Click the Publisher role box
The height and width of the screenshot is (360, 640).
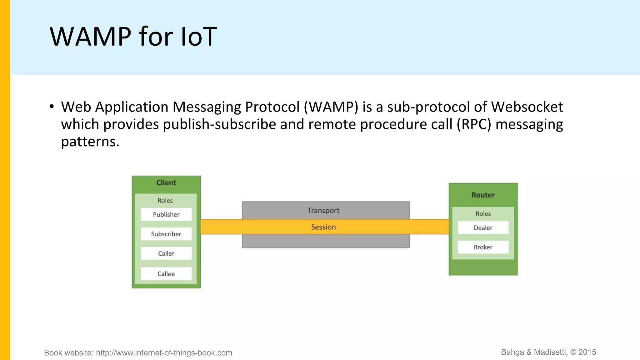(x=166, y=214)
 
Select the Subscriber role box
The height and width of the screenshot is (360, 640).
(x=166, y=234)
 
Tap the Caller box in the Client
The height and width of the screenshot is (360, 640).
(x=166, y=253)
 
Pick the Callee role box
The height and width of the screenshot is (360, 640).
(x=166, y=274)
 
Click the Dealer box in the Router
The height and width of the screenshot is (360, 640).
(x=483, y=228)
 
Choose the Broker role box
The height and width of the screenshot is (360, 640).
(x=483, y=247)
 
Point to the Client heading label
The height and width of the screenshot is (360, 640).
(x=166, y=183)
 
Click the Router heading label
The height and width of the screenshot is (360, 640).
(x=483, y=195)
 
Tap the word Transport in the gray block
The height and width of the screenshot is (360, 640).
(x=323, y=211)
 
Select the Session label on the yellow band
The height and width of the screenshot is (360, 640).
(x=323, y=227)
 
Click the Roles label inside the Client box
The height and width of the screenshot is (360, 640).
(x=165, y=201)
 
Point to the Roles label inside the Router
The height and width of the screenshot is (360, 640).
(x=483, y=214)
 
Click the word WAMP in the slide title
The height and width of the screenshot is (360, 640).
(x=90, y=37)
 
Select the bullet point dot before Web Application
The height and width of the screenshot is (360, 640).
(x=52, y=107)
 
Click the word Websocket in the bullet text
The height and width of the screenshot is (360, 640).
(x=527, y=107)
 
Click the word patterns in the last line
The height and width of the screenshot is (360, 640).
(x=90, y=142)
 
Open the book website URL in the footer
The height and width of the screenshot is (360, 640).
(x=164, y=353)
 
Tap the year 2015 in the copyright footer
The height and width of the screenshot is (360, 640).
(x=587, y=352)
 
